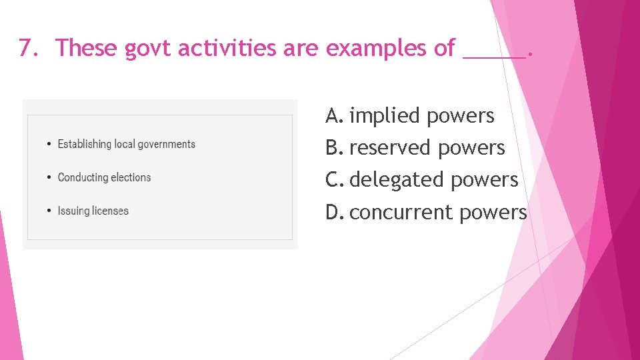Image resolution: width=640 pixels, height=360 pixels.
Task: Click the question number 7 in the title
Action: (x=25, y=48)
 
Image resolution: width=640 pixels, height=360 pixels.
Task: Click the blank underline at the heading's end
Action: (x=493, y=56)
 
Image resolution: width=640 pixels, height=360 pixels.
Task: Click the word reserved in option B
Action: (x=390, y=148)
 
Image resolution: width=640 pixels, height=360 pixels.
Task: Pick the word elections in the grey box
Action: (x=131, y=177)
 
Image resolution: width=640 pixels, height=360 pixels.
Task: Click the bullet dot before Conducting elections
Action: (x=49, y=178)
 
